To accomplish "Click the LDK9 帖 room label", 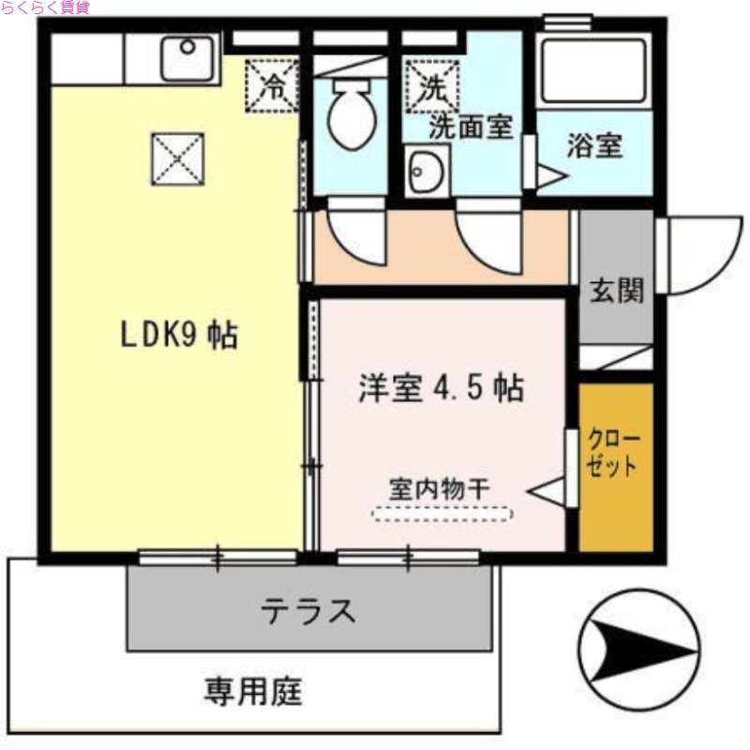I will [177, 336].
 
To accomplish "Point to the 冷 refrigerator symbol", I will [272, 86].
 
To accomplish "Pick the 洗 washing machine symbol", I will [431, 86].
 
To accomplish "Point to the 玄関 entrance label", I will [616, 291].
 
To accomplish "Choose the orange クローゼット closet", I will [615, 466].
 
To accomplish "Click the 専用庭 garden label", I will [253, 693].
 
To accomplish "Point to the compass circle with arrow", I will [638, 648].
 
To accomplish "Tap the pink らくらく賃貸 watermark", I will [45, 7].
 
